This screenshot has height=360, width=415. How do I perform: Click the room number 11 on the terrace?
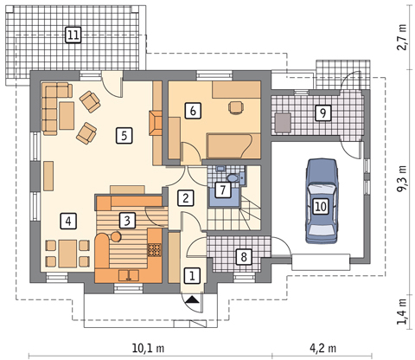[73, 35]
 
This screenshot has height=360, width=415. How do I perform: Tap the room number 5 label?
[124, 135]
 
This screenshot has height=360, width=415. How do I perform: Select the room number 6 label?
[193, 111]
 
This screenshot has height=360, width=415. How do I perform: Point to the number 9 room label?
[322, 112]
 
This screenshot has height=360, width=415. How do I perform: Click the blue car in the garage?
[321, 201]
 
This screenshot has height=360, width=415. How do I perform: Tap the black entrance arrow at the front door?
[192, 299]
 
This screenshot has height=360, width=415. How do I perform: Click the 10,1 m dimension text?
[148, 348]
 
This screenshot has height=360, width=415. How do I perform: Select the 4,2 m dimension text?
[322, 348]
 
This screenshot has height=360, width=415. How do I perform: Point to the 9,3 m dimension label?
[402, 178]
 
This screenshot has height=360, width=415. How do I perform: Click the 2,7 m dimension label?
[402, 37]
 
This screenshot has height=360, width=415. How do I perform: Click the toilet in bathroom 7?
[233, 178]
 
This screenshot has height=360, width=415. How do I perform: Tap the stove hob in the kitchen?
[155, 250]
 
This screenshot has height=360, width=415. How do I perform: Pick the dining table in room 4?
[67, 254]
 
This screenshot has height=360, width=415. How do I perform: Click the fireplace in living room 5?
[156, 123]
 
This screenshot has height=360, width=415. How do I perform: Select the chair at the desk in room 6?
[236, 107]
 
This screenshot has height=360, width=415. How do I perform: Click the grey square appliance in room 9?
[283, 123]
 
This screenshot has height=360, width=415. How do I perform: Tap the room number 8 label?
[244, 257]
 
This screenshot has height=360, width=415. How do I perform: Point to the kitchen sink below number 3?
[129, 275]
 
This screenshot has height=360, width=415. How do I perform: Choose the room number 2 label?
[186, 198]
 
